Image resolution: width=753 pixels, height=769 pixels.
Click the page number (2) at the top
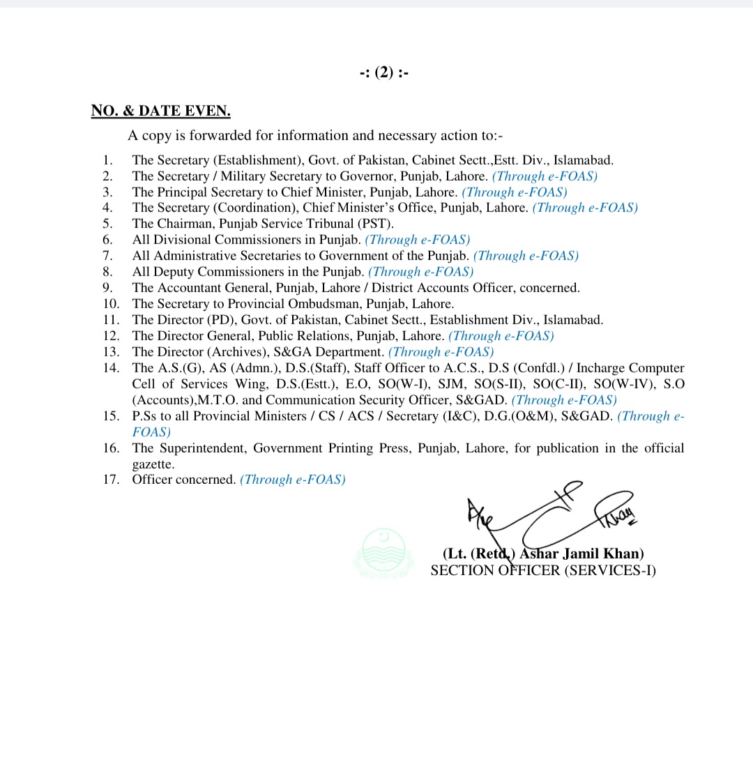point(384,73)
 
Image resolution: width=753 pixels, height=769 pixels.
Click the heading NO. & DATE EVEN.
point(160,111)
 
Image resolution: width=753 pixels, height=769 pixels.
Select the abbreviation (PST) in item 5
point(378,224)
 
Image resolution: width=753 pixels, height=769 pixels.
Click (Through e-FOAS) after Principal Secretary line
point(515,192)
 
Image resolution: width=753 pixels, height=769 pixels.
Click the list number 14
point(111,368)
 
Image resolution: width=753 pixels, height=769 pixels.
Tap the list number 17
point(111,480)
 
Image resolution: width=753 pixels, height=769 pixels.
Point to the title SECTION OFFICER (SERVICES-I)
point(543,570)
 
